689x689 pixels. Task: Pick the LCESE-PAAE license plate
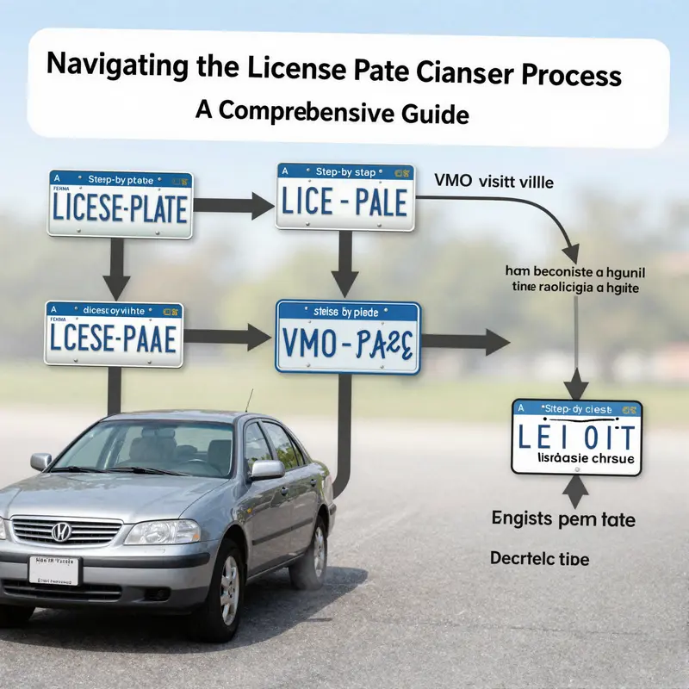point(114,335)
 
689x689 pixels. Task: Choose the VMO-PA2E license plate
point(347,338)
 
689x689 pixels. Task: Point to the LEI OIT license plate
point(576,437)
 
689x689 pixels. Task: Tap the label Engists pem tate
point(563,519)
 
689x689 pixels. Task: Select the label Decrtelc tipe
point(540,558)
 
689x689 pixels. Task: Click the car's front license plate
point(53,569)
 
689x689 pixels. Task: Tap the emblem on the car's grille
point(60,532)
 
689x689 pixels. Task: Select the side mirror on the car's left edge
point(40,462)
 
